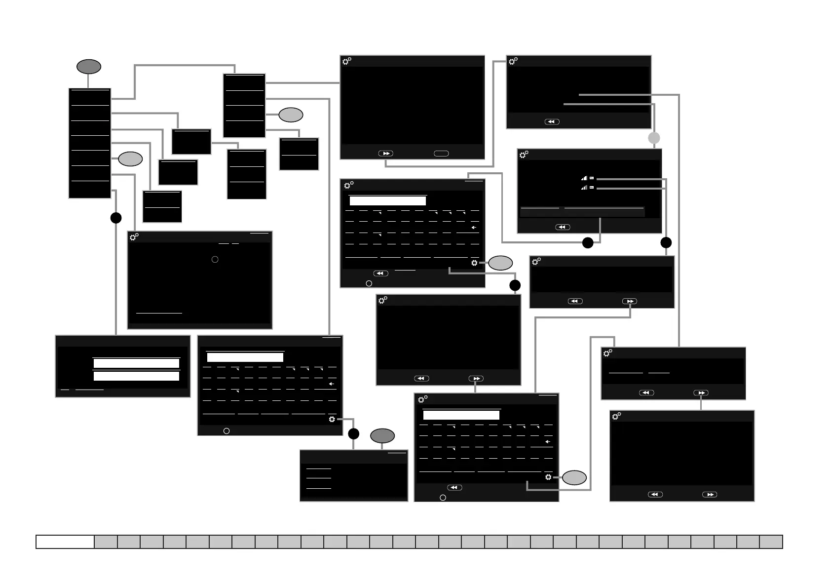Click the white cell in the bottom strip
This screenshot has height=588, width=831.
65,542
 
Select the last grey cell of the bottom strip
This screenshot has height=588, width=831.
771,542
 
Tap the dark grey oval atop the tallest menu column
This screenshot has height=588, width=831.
89,67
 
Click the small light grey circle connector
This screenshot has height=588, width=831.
654,138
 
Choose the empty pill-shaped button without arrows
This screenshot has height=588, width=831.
441,154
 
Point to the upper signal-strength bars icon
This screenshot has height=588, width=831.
584,178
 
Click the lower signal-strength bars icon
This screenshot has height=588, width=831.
584,188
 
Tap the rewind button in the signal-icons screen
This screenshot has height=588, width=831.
563,227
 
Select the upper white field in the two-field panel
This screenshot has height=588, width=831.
136,363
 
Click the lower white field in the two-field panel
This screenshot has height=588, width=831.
136,376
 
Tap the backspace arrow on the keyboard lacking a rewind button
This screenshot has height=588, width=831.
332,384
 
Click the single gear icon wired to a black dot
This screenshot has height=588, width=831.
332,419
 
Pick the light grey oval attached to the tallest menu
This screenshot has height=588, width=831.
130,159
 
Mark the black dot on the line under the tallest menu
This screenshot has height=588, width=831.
116,218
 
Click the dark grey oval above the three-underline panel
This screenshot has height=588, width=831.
382,436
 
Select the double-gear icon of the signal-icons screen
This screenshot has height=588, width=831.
524,155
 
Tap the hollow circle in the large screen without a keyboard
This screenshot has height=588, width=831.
215,259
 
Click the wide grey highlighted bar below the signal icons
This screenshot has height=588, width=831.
582,212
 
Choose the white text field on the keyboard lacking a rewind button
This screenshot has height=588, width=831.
245,357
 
